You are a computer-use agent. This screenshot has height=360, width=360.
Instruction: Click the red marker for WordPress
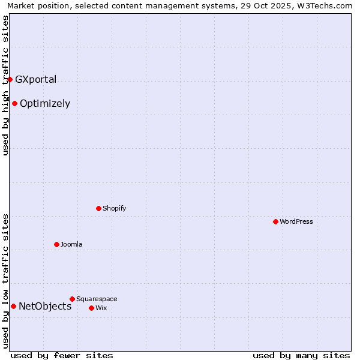click(275, 221)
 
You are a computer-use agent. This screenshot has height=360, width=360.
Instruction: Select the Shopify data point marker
click(98, 208)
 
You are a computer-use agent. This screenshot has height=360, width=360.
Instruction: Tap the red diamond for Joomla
click(56, 244)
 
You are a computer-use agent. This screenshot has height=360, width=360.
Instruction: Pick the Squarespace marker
click(72, 299)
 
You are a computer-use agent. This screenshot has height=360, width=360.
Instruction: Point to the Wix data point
click(91, 308)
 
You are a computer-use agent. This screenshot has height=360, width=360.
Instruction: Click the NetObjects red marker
click(13, 306)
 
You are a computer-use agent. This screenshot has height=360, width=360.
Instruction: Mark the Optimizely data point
click(14, 103)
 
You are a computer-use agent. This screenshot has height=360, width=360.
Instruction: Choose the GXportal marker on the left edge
click(10, 79)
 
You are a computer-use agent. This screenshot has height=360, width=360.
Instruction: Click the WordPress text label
click(296, 221)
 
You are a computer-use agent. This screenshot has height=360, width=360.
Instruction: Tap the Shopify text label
click(115, 208)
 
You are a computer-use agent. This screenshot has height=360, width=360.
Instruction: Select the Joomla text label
click(71, 244)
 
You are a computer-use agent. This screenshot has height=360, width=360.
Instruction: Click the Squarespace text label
click(97, 299)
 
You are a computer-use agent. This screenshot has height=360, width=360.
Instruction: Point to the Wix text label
click(101, 308)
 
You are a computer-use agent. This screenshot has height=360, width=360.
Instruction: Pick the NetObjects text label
click(45, 306)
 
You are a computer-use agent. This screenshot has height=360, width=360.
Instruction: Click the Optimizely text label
click(45, 103)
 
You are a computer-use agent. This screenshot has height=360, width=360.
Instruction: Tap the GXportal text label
click(35, 79)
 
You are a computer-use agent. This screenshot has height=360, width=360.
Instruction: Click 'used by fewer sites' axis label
click(62, 355)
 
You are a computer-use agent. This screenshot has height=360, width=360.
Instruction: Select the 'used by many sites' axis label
click(301, 355)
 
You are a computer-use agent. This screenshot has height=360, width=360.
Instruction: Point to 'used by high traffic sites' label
click(5, 85)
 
